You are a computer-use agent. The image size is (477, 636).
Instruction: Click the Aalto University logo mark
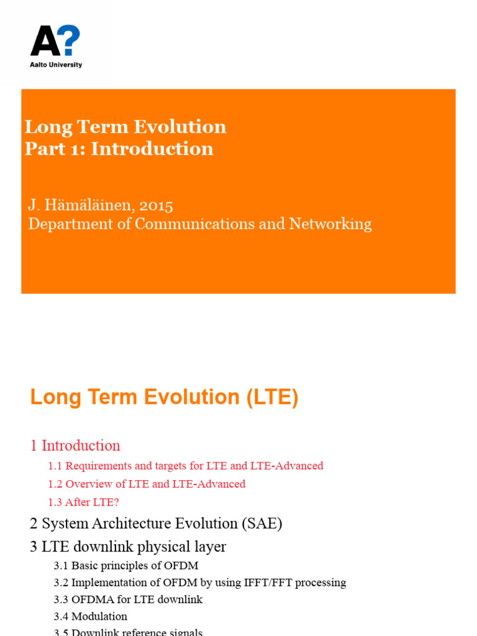(x=55, y=42)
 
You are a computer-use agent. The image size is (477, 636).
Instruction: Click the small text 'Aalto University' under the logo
(x=56, y=65)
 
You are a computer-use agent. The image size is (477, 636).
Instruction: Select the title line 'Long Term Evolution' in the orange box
(x=125, y=127)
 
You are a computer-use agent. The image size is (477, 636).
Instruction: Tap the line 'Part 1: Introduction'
(x=119, y=148)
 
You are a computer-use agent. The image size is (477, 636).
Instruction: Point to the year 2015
(x=156, y=204)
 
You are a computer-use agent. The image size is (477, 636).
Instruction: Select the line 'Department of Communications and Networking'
(x=200, y=224)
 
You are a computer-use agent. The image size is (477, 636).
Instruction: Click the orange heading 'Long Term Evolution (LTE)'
(x=164, y=397)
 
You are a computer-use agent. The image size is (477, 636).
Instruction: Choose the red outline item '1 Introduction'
(x=75, y=445)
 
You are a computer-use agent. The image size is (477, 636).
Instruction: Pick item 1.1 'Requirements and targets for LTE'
(x=186, y=466)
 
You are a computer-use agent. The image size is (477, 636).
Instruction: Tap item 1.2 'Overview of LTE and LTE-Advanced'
(x=147, y=484)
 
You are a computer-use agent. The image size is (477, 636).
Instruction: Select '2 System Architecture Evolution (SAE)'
(x=156, y=524)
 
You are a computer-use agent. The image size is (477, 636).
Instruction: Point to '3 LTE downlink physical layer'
(x=128, y=547)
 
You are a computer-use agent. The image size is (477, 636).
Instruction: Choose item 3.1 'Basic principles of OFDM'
(x=126, y=566)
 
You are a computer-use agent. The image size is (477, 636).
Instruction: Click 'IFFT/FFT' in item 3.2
(x=270, y=583)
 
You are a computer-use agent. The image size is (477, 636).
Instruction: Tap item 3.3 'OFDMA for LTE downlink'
(x=128, y=599)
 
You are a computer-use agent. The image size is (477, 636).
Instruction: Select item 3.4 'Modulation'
(x=90, y=616)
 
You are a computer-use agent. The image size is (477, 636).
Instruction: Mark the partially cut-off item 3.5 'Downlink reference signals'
(x=128, y=632)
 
